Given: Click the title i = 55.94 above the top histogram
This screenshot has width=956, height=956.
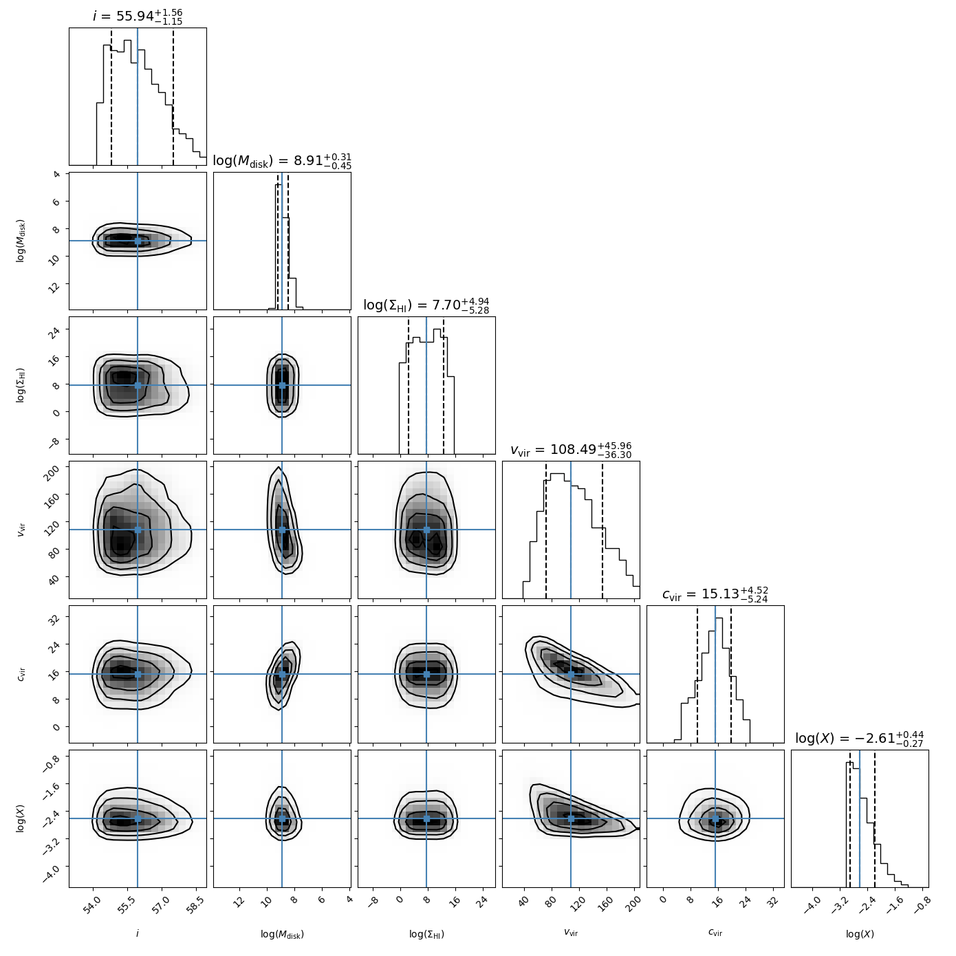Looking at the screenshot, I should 138,16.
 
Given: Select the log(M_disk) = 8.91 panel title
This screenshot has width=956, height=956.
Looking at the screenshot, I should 282,161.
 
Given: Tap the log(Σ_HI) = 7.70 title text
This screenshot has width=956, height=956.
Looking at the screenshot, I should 426,305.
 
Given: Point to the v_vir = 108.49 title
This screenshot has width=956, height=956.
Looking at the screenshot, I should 571,450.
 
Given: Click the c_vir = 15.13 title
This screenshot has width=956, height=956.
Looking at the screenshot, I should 715,594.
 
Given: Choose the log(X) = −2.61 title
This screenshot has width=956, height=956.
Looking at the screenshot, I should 860,739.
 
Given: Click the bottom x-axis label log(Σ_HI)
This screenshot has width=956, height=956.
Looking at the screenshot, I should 426,934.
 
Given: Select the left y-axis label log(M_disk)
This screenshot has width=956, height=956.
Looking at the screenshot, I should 21,241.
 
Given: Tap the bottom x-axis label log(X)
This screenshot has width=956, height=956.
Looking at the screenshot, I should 860,934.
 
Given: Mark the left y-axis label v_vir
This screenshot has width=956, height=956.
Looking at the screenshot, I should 21,530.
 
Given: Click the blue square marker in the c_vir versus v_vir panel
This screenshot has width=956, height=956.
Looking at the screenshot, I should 571,674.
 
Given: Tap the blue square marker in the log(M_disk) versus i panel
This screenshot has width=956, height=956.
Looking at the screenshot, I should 138,241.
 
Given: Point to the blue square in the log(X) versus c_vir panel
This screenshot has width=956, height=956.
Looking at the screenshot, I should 715,818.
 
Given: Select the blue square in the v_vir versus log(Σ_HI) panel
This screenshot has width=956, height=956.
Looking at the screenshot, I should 426,530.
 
